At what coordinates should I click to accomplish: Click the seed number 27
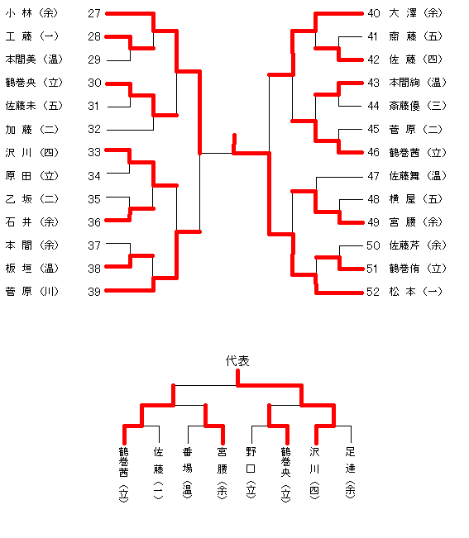coord(94,13)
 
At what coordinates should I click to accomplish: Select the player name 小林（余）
coord(32,13)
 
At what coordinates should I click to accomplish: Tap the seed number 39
coord(94,292)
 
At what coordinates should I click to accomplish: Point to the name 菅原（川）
coord(32,291)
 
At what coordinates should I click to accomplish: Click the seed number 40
coord(374,13)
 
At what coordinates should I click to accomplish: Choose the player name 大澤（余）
coord(416,13)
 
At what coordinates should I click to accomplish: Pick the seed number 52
coord(373,292)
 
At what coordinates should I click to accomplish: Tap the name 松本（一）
coord(416,291)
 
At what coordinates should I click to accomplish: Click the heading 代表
coord(237,361)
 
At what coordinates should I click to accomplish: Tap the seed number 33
coord(94,152)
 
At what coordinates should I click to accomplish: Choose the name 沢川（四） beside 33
coord(32,152)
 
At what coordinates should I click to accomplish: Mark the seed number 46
coord(374,152)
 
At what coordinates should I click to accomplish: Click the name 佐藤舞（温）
coord(418,176)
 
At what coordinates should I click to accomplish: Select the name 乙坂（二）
coord(32,198)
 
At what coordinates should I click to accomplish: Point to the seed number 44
coord(374,106)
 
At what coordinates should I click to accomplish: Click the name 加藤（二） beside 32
coord(32,130)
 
